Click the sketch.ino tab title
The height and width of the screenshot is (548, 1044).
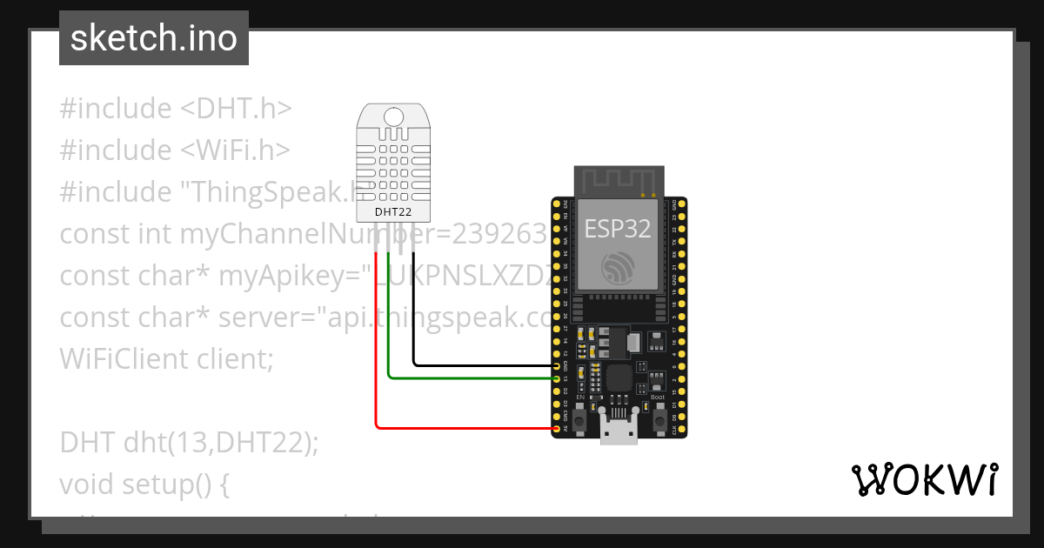pyautogui.click(x=154, y=38)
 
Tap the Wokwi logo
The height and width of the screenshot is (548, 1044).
pyautogui.click(x=923, y=479)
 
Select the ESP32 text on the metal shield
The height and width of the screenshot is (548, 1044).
pyautogui.click(x=618, y=229)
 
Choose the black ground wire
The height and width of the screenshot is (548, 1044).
pyautogui.click(x=414, y=313)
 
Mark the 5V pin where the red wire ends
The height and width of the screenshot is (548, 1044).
pyautogui.click(x=557, y=429)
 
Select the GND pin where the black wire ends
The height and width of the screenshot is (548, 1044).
pyautogui.click(x=557, y=366)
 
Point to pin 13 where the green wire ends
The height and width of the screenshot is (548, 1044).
pyautogui.click(x=557, y=378)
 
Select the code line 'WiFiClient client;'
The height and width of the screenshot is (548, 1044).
pyautogui.click(x=166, y=358)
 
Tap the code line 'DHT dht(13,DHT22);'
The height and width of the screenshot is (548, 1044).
pyautogui.click(x=190, y=442)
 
